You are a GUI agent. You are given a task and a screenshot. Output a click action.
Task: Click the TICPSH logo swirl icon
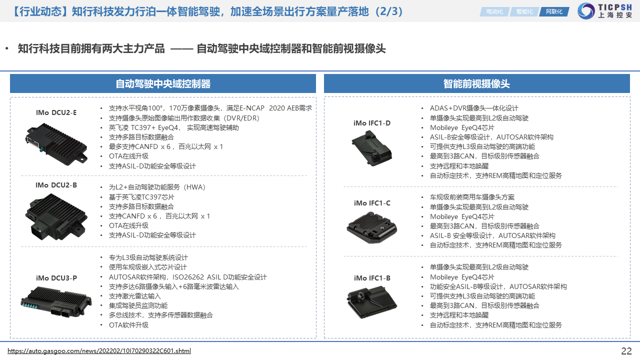(x=586, y=11)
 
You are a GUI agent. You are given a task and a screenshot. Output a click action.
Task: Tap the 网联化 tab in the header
(x=554, y=11)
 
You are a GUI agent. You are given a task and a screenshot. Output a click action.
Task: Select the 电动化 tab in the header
(x=494, y=11)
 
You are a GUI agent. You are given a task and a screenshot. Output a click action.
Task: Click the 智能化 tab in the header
(x=524, y=11)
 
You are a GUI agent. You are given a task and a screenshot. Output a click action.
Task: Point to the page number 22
(x=626, y=351)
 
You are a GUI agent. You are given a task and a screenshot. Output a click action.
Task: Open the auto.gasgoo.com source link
(x=99, y=351)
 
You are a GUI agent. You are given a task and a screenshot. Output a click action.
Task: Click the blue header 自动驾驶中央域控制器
(x=163, y=83)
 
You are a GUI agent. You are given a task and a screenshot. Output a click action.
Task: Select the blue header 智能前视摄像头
(x=476, y=83)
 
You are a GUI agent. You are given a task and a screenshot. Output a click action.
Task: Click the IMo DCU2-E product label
(x=56, y=112)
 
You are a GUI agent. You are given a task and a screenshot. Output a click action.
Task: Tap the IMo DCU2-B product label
(x=56, y=185)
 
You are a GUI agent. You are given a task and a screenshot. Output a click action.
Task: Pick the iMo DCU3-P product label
(x=56, y=278)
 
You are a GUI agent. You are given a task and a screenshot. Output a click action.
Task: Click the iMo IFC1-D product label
(x=372, y=123)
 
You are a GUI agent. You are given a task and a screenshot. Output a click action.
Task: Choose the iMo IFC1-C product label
(x=372, y=203)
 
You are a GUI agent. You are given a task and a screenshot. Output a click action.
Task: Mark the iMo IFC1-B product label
(x=372, y=278)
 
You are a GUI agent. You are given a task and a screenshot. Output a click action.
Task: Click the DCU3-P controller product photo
(x=56, y=302)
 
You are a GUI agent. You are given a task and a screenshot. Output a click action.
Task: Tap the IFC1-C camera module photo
(x=371, y=227)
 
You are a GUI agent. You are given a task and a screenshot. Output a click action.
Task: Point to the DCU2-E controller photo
(x=56, y=144)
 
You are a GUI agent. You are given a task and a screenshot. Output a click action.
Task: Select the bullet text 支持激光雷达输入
(x=135, y=296)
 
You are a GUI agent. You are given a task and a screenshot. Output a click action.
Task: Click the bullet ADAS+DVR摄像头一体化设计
(x=474, y=108)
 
